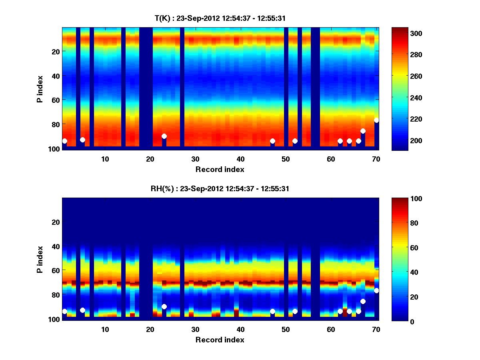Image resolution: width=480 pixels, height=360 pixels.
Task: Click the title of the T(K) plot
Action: tap(220, 18)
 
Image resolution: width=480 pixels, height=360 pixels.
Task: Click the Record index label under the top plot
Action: tap(220, 169)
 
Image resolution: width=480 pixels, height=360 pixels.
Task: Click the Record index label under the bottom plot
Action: tap(220, 340)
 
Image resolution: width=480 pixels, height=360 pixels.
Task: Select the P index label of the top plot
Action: tap(40, 89)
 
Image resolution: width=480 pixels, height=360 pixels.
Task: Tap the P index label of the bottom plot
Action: tap(40, 259)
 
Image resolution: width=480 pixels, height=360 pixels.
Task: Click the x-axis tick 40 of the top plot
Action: tap(240, 159)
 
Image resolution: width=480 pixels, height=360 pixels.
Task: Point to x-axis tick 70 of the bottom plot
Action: tap(376, 329)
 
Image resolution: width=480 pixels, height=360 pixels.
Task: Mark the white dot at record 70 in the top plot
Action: tap(376, 120)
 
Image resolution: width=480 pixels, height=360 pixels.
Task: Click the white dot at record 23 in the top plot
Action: tap(164, 136)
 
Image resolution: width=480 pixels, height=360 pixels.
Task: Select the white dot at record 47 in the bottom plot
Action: tap(272, 311)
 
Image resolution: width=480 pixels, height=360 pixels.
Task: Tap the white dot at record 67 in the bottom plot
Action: tap(363, 301)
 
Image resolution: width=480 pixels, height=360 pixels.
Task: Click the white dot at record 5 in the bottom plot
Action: tap(82, 310)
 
